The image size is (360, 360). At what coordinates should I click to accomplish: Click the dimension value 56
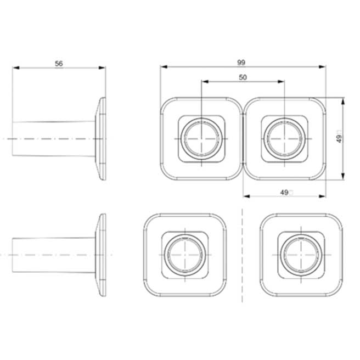(59, 64)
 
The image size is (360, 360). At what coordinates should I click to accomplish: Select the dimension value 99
(241, 63)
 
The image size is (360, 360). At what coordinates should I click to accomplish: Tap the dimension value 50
(243, 77)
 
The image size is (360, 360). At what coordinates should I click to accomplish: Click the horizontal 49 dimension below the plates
(284, 193)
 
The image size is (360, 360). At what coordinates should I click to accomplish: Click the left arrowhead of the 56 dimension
(16, 67)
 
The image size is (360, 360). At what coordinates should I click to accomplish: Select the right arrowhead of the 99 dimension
(322, 67)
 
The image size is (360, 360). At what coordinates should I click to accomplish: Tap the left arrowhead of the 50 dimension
(205, 82)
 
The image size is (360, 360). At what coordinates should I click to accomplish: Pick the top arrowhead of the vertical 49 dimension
(343, 101)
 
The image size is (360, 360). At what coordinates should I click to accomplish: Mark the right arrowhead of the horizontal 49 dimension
(322, 196)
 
